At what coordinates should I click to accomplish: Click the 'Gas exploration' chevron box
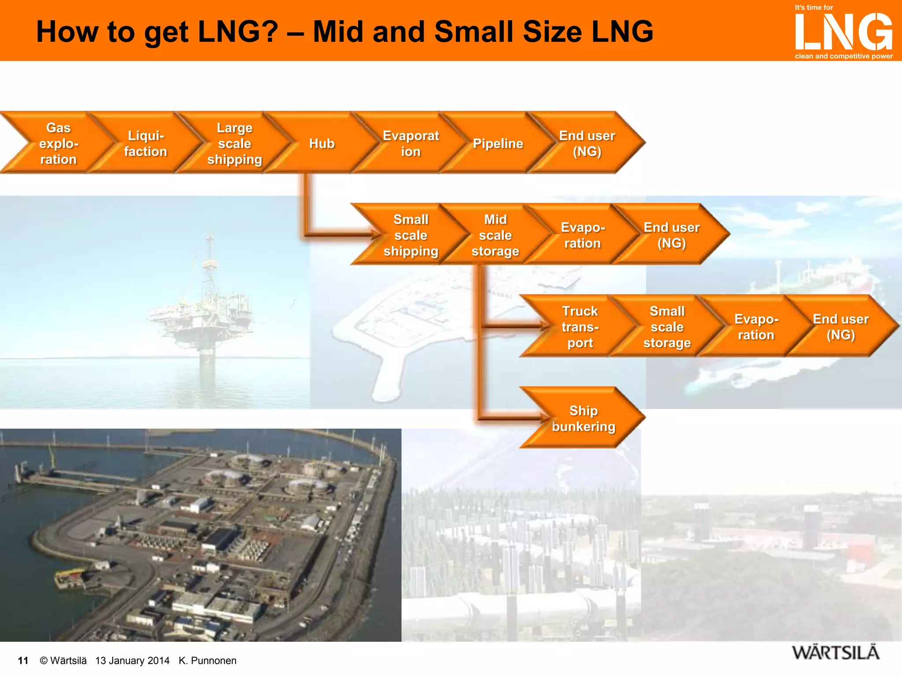pos(58,143)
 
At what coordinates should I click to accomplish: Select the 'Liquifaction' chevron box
pos(146,143)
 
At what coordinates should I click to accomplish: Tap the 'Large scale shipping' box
pos(234,143)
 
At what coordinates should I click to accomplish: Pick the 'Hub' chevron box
pos(322,143)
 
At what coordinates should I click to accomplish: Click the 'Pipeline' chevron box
pos(498,143)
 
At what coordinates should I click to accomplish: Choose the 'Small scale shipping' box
pos(410,235)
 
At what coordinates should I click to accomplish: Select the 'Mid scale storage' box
pos(495,235)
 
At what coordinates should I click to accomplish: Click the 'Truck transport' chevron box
pos(580,327)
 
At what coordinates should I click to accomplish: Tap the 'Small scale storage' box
pos(667,327)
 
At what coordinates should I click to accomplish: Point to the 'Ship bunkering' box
pos(583,418)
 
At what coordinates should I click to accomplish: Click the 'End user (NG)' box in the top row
pos(587,143)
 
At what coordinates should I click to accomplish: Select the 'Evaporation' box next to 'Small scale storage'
pos(756,327)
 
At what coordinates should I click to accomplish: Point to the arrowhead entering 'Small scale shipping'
pos(375,234)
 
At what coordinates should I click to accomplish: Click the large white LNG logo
pos(843,32)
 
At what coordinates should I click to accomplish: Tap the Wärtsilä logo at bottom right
pos(835,653)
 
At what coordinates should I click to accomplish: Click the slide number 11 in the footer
pos(23,660)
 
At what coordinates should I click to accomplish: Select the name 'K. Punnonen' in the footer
pos(207,660)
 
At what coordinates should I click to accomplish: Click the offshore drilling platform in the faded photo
pos(207,309)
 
